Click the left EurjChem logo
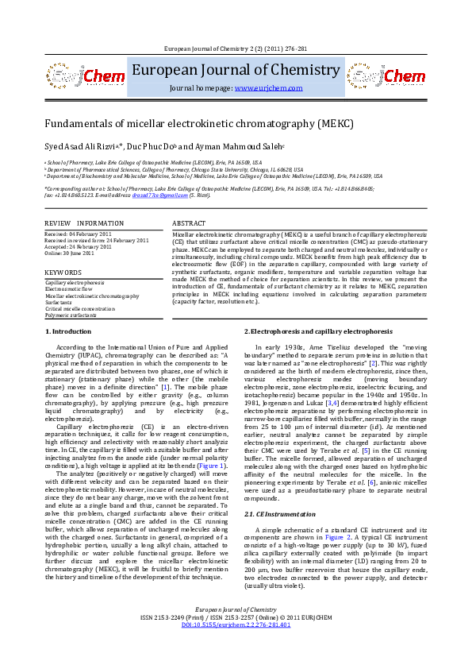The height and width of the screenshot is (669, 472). click(x=77, y=76)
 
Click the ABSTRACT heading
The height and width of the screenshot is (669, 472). click(x=189, y=224)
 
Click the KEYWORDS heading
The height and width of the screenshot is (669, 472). click(x=63, y=272)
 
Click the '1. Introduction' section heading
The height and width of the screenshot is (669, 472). click(x=68, y=331)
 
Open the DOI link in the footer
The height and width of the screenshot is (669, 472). click(x=236, y=648)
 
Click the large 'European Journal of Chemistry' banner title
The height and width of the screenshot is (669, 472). click(x=236, y=70)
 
